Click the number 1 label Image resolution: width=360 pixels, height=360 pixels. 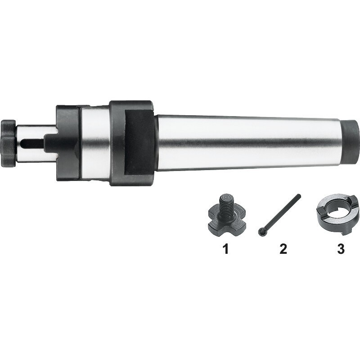(226, 249)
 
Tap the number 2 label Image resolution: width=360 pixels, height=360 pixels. (283, 249)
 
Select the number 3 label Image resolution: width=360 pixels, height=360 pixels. (341, 249)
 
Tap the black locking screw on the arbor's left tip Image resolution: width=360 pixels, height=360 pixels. (8, 143)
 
